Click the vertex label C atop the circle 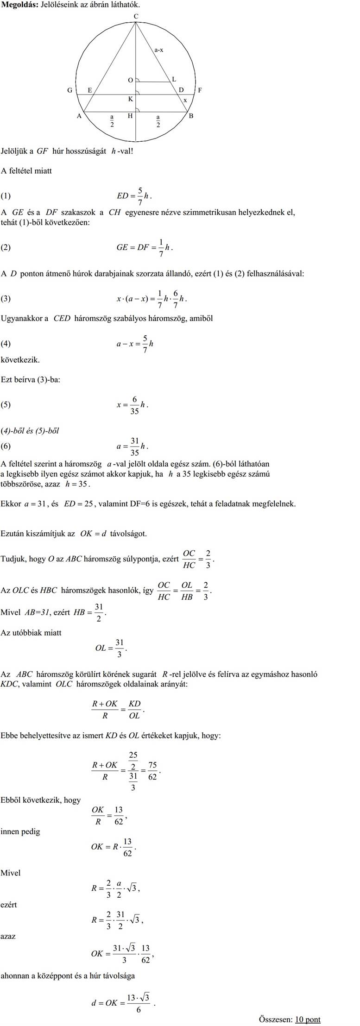[x=136, y=16]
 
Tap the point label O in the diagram [x=131, y=80]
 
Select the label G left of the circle [x=69, y=90]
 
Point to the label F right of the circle [x=200, y=90]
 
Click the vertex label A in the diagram [x=79, y=116]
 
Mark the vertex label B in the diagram [x=191, y=116]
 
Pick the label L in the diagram [x=174, y=79]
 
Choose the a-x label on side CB [x=158, y=50]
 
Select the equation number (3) [x=6, y=299]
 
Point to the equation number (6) [x=6, y=446]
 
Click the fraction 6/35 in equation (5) [x=134, y=404]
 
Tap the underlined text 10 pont [x=308, y=1019]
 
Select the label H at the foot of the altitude [x=130, y=116]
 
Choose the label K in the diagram [x=131, y=99]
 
